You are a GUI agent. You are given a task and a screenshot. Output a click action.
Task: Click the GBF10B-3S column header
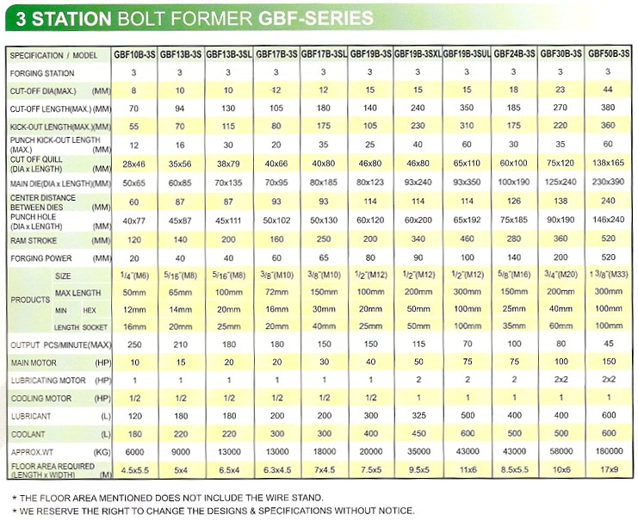pyautogui.click(x=134, y=54)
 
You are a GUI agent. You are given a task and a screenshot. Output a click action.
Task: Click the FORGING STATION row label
pyautogui.click(x=42, y=73)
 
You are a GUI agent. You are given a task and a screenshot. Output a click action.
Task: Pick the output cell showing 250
pyautogui.click(x=134, y=344)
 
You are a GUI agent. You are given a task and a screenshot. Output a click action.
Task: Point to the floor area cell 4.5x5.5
pyautogui.click(x=134, y=469)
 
